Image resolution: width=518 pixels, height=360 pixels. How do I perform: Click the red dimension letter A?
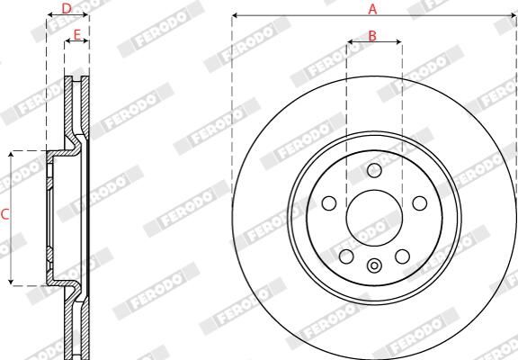pos(372,8)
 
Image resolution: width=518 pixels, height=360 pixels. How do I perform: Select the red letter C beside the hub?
pos(5,214)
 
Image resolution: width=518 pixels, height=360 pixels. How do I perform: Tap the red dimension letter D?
pos(66,8)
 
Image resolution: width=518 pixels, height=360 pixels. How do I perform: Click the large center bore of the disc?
pos(374,214)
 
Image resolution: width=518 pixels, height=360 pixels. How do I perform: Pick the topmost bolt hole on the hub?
pos(374,171)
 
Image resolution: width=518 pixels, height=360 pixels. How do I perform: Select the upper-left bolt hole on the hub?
pos(329,202)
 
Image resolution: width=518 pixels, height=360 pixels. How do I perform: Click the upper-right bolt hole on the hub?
pos(419,202)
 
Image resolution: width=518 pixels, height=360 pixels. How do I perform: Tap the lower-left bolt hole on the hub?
pos(347,256)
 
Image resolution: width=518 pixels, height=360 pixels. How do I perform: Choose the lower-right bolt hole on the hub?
pos(402,256)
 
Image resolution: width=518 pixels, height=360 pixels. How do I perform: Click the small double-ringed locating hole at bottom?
pos(374,265)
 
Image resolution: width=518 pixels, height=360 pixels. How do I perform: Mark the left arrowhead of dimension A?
pos(234,16)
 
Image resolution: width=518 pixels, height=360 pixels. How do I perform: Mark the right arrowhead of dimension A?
pos(514,16)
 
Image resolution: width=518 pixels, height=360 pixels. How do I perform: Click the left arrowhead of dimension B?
pos(349,42)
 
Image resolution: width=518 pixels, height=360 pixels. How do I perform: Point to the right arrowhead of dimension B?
pos(400,42)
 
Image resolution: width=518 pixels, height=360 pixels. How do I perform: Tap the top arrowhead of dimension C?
pos(11,154)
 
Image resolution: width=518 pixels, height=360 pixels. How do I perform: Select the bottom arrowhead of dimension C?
pos(11,283)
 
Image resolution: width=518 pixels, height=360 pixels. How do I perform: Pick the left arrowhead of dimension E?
pos(67,42)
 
